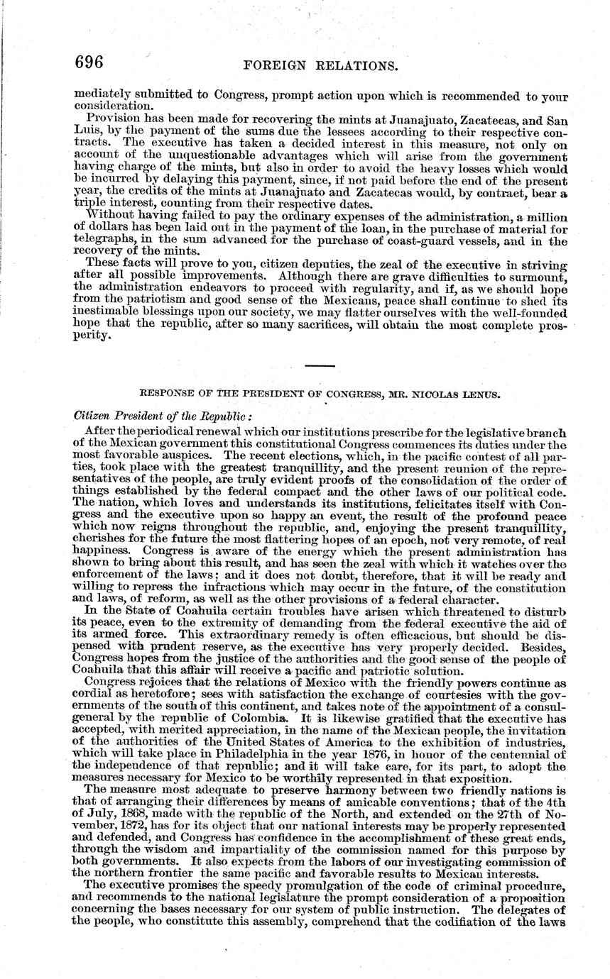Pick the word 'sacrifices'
pyautogui.click(x=317, y=325)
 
